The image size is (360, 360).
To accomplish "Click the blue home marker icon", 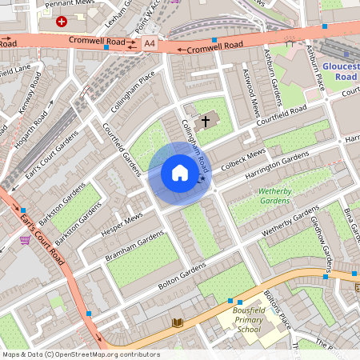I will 180,173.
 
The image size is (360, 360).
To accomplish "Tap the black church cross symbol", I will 206,122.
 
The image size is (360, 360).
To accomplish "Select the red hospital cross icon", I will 62,22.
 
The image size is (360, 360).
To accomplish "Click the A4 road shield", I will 150,43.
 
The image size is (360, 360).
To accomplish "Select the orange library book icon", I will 178,322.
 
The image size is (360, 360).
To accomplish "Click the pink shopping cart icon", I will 26,239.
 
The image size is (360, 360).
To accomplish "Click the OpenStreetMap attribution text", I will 80,354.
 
